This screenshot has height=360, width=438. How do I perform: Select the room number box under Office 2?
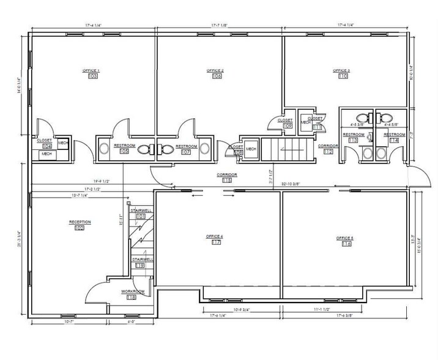click(216, 76)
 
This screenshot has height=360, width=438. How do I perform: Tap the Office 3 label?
click(342, 70)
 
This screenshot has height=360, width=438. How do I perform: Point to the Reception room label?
click(80, 222)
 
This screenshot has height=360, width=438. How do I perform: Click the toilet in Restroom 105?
click(144, 148)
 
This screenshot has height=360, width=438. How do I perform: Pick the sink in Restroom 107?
click(204, 148)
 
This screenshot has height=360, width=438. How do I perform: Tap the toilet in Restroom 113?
click(362, 118)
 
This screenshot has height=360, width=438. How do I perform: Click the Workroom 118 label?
click(132, 291)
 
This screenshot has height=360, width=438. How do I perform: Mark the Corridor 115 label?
click(227, 174)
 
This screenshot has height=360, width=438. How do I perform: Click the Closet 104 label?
click(45, 140)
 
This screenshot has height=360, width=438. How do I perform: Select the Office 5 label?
click(346, 238)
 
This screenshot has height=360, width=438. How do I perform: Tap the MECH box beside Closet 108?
click(251, 149)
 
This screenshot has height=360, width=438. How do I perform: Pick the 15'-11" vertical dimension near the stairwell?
click(122, 219)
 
